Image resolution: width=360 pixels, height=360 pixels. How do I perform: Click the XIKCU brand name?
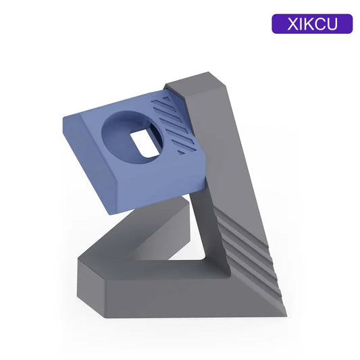[312, 24]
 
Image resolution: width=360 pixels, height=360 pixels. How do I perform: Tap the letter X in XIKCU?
[292, 24]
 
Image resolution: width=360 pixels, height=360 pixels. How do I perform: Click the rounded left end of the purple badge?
[276, 24]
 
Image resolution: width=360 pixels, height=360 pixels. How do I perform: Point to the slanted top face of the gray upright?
[197, 82]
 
